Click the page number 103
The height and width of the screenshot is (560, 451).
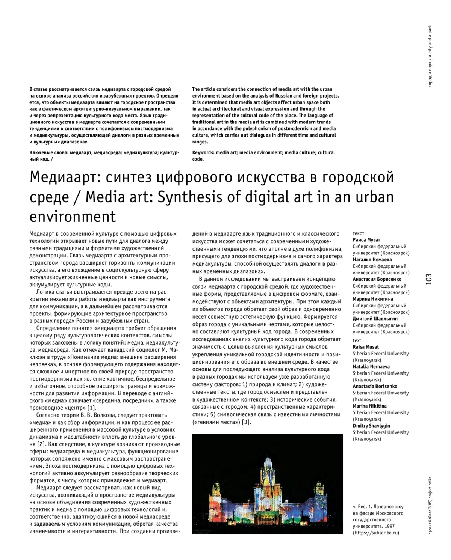point(429,279)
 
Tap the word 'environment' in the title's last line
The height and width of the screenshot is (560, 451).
point(73,217)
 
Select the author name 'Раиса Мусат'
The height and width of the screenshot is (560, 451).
point(366,240)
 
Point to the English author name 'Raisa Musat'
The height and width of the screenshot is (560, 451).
point(366,347)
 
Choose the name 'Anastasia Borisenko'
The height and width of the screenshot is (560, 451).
point(375,386)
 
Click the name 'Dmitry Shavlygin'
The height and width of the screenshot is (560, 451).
point(371,426)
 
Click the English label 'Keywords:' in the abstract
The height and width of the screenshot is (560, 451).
point(203,152)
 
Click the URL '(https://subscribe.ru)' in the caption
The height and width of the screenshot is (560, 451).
point(376,533)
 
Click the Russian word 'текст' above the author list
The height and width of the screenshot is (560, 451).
point(359,233)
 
